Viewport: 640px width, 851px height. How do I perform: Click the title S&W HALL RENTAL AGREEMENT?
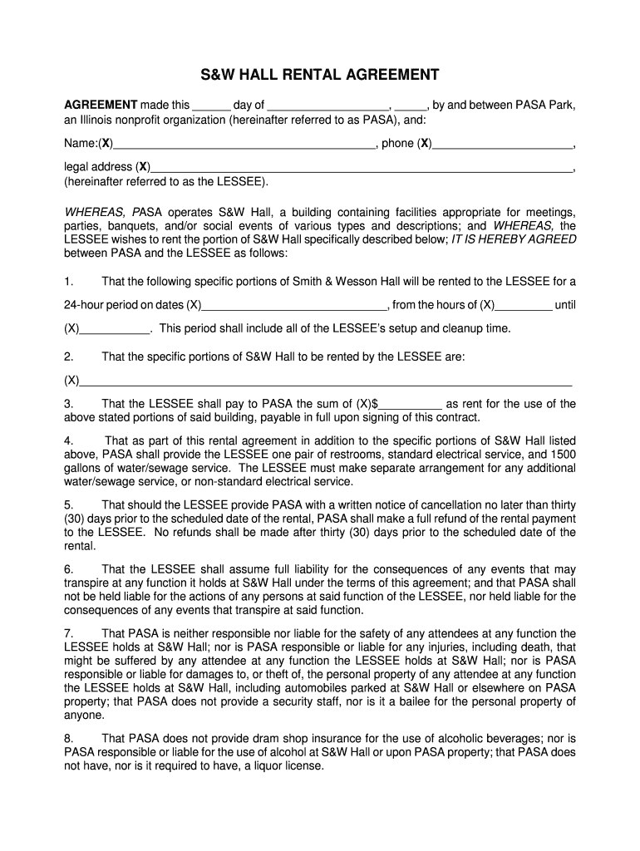click(320, 76)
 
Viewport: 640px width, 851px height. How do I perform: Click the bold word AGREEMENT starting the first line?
click(101, 105)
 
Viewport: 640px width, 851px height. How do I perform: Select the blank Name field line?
click(244, 145)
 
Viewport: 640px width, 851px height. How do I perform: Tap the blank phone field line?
click(503, 145)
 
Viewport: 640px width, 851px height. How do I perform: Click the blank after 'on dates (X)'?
click(294, 306)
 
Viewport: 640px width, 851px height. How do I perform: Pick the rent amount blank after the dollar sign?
click(411, 404)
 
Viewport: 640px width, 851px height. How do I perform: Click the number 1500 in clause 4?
click(562, 455)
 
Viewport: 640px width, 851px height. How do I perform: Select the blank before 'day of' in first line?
click(211, 106)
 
